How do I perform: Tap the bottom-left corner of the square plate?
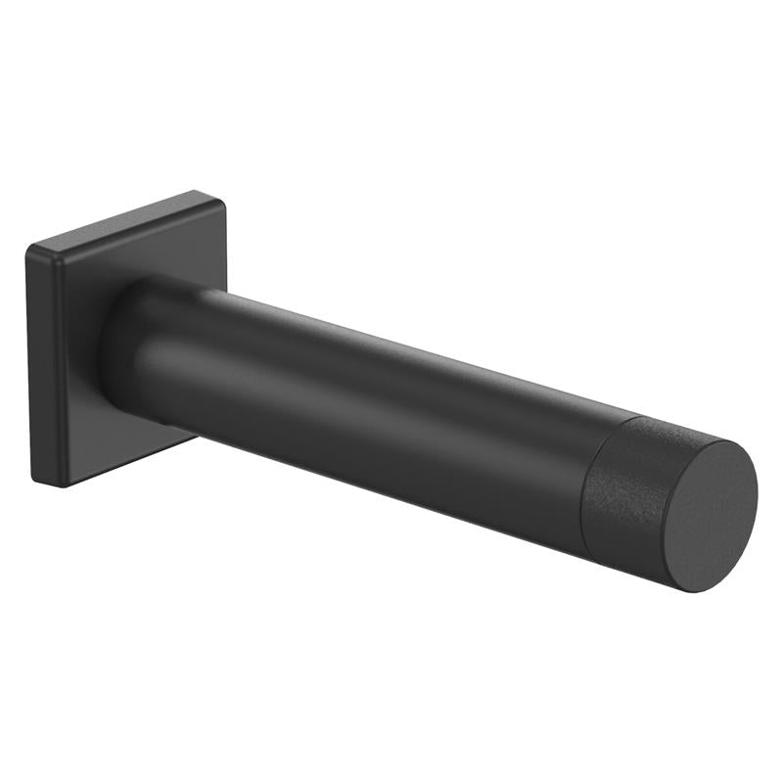click(x=37, y=480)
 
